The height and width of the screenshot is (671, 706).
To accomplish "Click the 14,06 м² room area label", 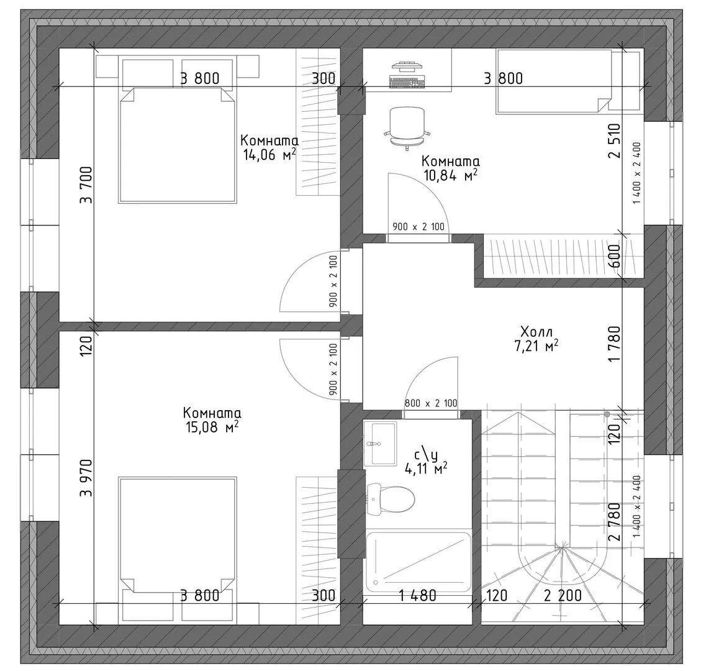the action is [269, 148].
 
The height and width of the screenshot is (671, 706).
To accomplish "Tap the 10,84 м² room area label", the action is [450, 168].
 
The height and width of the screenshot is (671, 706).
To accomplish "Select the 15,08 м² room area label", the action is [212, 420].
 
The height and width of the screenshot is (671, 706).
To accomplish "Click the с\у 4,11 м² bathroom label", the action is [427, 462].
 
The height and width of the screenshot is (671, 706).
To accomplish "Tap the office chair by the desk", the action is [407, 128].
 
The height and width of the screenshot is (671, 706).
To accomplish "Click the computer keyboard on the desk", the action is [407, 83].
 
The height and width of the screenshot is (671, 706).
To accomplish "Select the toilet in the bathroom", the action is [391, 499].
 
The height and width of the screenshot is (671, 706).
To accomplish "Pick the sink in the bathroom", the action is [381, 444].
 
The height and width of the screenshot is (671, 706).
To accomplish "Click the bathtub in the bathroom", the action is [419, 562].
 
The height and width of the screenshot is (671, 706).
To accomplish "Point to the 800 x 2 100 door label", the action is [431, 403].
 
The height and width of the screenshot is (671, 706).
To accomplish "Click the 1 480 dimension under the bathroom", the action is [418, 595].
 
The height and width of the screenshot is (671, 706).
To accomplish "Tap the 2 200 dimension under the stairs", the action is [563, 595].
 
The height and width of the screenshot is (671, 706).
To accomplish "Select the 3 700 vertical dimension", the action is [86, 185].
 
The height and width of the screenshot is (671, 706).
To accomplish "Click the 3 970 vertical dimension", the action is [86, 478].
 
